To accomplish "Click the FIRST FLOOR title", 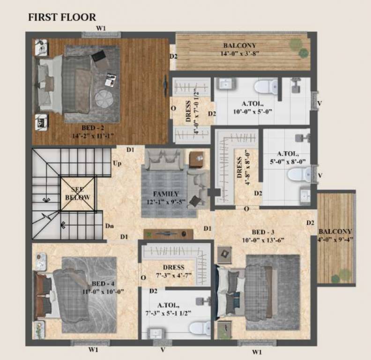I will tap(62, 17).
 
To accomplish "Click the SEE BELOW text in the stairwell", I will tap(77, 194).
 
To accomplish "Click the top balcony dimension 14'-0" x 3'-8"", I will tap(240, 53).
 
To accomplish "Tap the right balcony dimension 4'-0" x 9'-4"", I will tap(335, 240).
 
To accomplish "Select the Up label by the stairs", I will tap(117, 164).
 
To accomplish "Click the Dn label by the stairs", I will tap(109, 226).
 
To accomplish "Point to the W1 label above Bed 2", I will tap(101, 29).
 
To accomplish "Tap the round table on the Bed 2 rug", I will tap(104, 99).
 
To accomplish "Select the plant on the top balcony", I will tap(296, 45).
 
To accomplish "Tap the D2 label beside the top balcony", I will tap(173, 56).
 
